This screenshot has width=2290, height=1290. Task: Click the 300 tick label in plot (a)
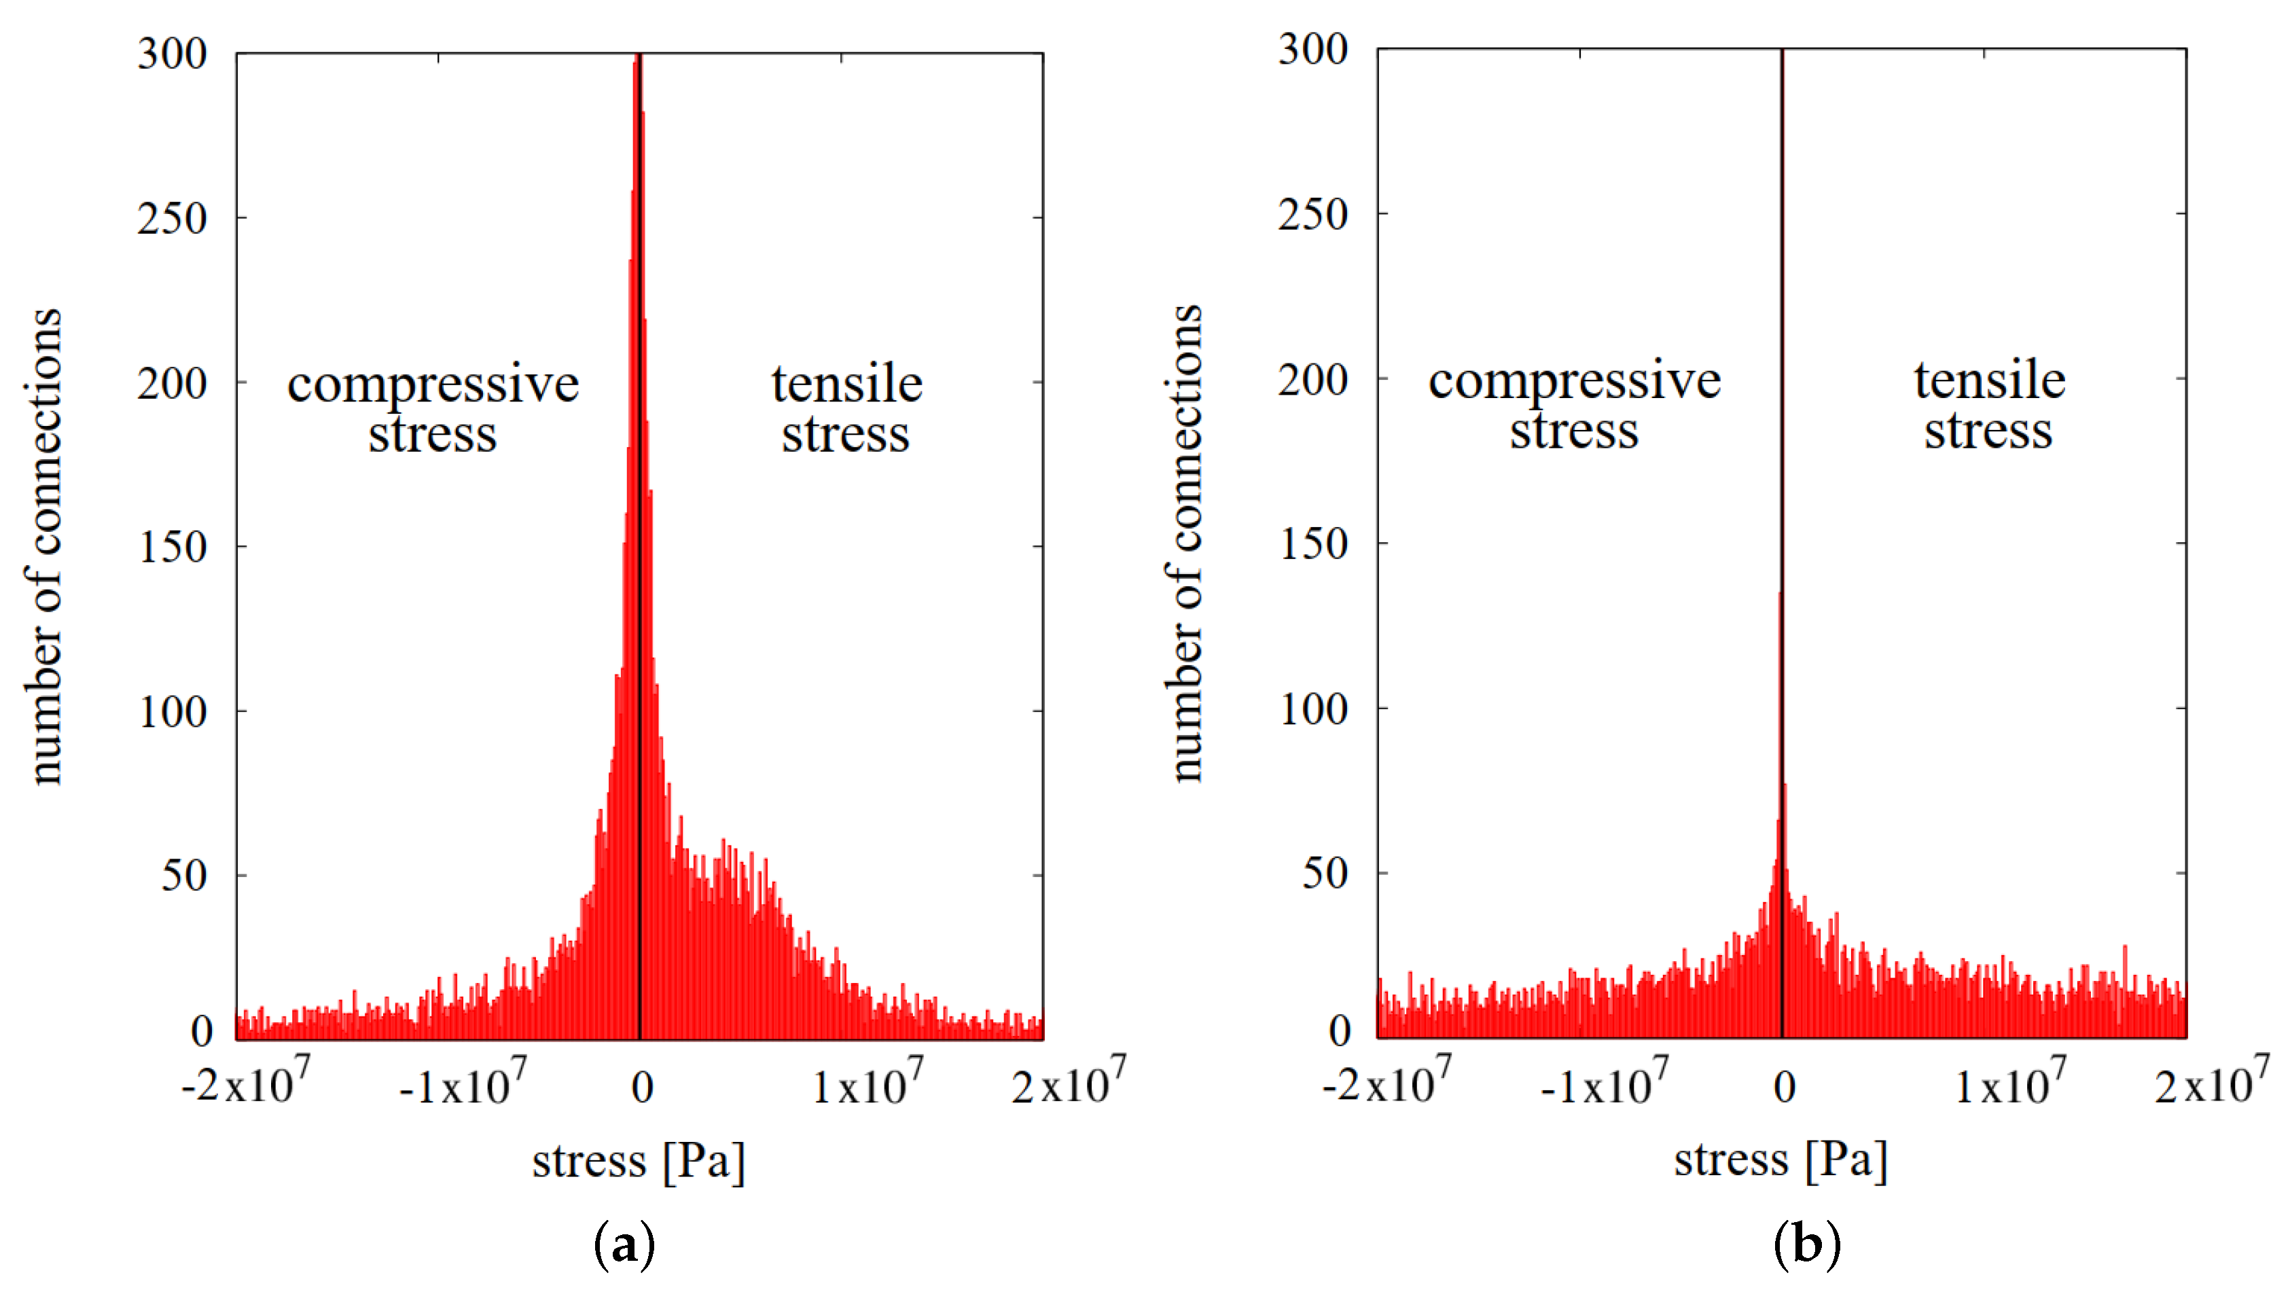click(172, 54)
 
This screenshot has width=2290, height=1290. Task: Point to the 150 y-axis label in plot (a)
click(172, 547)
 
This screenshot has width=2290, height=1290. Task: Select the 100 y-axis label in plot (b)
click(1312, 709)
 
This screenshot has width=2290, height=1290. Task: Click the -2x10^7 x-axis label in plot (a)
click(245, 1083)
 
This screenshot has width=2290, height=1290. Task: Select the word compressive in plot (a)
click(433, 385)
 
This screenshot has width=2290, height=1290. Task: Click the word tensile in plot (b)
click(1990, 380)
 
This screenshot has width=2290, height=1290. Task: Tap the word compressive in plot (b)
click(1575, 380)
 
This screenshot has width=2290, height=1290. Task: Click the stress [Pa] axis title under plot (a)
click(639, 1161)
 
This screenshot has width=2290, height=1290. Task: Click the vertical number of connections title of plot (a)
click(43, 547)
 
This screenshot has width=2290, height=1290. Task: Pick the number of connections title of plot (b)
click(1184, 544)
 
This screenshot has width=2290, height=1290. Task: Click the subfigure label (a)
click(624, 1244)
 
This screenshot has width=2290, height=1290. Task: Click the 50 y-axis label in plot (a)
click(184, 876)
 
